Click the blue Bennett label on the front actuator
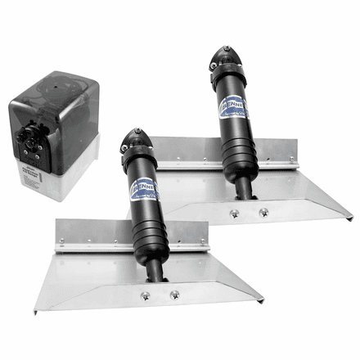pos(144,185)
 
